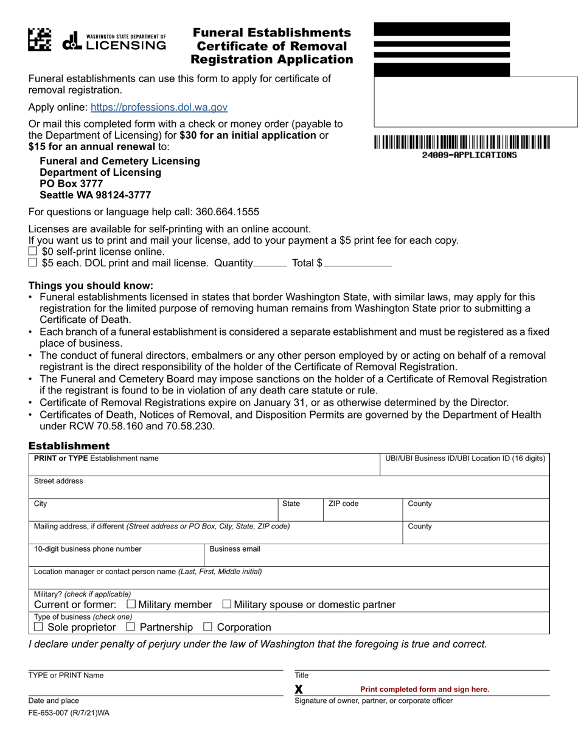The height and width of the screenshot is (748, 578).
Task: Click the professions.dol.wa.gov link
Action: [x=159, y=107]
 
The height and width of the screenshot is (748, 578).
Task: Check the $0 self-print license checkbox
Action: [x=33, y=251]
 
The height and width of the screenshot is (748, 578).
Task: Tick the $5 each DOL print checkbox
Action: [x=33, y=263]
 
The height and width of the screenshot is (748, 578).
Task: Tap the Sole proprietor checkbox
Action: [x=38, y=626]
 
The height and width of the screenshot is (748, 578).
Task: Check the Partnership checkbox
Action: [x=130, y=626]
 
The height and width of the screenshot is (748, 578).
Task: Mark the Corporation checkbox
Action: [x=207, y=626]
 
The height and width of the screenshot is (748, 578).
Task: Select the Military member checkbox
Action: [x=131, y=604]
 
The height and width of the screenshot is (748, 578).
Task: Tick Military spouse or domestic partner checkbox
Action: [x=227, y=604]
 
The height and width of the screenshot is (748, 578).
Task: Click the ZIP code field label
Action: [x=343, y=504]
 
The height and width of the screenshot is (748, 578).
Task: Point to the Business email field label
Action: [x=235, y=549]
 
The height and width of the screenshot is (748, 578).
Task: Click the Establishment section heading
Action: [x=69, y=446]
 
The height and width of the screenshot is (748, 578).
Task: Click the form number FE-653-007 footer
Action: [x=69, y=713]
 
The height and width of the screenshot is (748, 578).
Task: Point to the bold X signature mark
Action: [x=299, y=690]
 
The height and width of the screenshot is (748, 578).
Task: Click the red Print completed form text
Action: [x=424, y=689]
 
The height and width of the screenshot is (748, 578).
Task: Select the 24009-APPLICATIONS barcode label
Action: [x=469, y=155]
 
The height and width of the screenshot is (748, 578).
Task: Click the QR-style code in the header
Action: [x=40, y=40]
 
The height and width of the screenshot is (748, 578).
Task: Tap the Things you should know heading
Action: [x=91, y=285]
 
